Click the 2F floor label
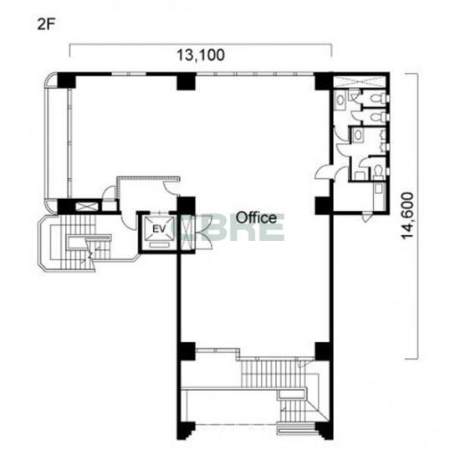(46, 24)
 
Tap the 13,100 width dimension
(201, 55)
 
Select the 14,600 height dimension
(407, 216)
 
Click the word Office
(256, 217)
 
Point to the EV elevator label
(159, 229)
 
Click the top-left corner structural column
(66, 80)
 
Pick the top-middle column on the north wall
(187, 81)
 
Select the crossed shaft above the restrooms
(359, 81)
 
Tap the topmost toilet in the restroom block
(377, 98)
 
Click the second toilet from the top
(377, 117)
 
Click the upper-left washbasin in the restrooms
(340, 100)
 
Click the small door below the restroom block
(366, 217)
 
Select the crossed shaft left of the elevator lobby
(87, 207)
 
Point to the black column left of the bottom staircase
(186, 351)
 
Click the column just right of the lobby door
(186, 206)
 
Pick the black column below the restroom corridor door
(323, 206)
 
